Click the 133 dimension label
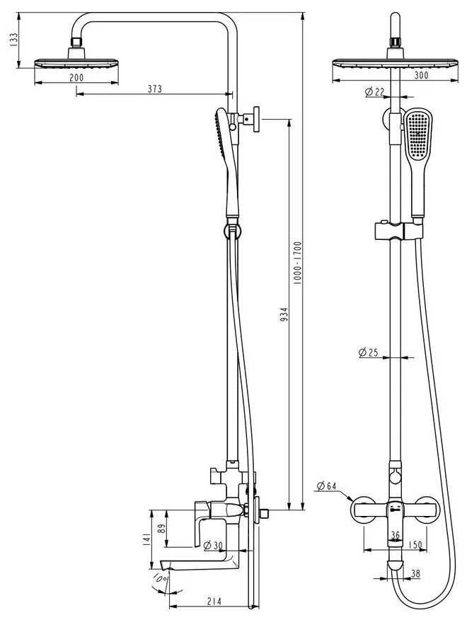13,40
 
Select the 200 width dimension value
76,78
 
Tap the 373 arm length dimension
155,89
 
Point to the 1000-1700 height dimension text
297,263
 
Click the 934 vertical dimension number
284,314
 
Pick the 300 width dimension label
421,75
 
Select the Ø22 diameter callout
374,92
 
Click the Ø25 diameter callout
368,352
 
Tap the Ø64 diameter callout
326,486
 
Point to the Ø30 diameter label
212,546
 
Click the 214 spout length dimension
214,602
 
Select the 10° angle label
161,579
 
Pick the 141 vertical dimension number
146,540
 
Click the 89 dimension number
161,529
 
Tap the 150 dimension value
415,545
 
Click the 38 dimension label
415,573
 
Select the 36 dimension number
395,535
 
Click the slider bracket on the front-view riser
398,231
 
